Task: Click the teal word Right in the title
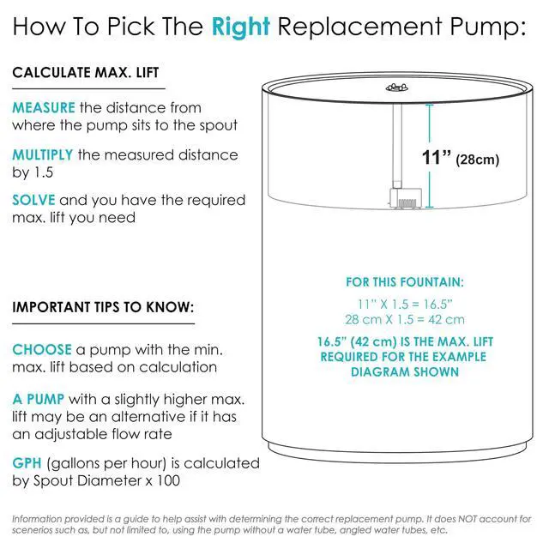(x=241, y=27)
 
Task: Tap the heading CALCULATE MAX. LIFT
(x=86, y=72)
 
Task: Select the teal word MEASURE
(x=44, y=107)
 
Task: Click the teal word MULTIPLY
(x=43, y=154)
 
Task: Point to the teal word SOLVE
(x=33, y=200)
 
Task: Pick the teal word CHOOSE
(x=42, y=349)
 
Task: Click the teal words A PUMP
(x=39, y=399)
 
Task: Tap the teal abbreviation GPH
(x=27, y=463)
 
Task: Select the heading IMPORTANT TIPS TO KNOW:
(x=103, y=307)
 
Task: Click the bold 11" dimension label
(x=436, y=157)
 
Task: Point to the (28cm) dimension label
(x=477, y=160)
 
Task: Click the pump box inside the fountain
(x=406, y=198)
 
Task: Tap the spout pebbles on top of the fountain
(x=396, y=87)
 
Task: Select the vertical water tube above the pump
(x=397, y=146)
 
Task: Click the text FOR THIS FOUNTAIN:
(x=405, y=282)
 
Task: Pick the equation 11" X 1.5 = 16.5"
(x=405, y=305)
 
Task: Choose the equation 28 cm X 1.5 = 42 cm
(x=405, y=319)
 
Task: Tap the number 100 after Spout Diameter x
(x=168, y=480)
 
